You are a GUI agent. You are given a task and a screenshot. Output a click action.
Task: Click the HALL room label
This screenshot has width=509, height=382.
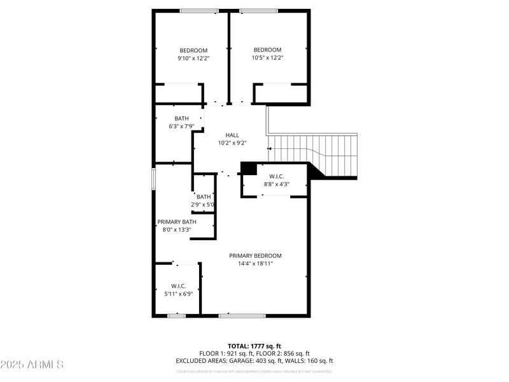pos(232,135)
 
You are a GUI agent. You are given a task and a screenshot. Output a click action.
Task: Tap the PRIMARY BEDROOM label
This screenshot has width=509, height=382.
pos(255,256)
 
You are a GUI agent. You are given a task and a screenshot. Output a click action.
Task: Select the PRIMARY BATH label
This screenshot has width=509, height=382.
pos(177,222)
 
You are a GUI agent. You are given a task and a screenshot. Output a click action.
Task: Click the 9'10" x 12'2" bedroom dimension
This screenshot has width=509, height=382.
pos(193,58)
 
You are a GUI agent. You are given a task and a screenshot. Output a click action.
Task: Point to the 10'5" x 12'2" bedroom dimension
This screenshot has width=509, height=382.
pos(267,57)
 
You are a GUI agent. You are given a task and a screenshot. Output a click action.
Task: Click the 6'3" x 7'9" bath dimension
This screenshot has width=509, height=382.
pos(181,126)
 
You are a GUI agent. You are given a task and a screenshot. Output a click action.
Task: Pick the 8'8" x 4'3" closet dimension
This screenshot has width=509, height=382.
pos(276,184)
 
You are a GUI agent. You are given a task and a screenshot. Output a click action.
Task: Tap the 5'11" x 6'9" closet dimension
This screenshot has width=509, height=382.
pos(178,294)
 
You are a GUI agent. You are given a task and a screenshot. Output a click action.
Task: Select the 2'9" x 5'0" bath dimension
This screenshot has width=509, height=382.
pos(203,204)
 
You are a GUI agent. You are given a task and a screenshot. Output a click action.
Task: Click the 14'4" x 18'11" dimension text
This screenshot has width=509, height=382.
pos(255,264)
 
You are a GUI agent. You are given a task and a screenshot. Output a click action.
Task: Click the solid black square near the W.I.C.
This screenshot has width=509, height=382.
pos(249,168)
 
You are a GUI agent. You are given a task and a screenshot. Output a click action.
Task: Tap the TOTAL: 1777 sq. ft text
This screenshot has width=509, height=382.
pos(254,346)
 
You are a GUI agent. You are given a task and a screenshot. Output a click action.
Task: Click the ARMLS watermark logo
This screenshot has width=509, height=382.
pos(32,364)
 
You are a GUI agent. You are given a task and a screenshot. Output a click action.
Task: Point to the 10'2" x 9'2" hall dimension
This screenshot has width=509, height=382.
pos(232,143)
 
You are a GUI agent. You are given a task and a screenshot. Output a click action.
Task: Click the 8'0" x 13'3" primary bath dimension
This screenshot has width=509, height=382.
pos(177,229)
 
